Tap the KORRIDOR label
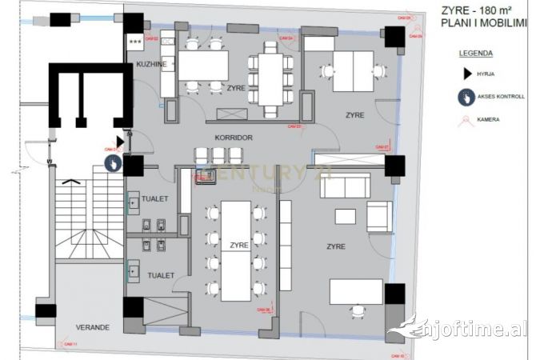(x=234, y=138)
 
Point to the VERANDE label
(x=92, y=327)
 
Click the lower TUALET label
(x=161, y=275)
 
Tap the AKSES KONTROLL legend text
(x=501, y=97)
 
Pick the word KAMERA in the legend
(x=488, y=120)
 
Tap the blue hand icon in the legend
(x=467, y=97)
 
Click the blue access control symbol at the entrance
(x=114, y=163)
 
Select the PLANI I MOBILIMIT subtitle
(x=484, y=24)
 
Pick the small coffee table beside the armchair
(x=345, y=216)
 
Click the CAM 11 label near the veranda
(x=70, y=342)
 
